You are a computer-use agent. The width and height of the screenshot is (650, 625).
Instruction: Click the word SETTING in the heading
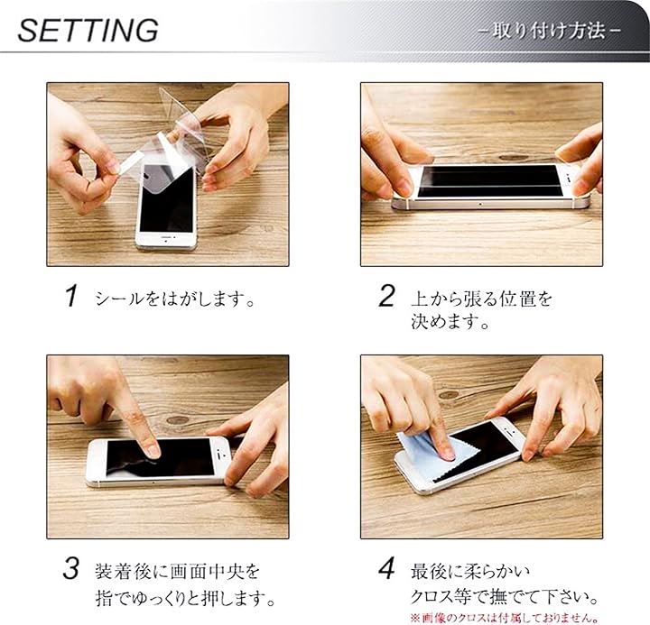coord(88,31)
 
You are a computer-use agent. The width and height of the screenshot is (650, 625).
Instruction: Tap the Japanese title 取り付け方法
coord(549,31)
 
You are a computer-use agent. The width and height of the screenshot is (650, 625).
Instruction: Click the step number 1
coord(71,296)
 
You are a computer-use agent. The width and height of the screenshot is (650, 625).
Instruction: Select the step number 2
coord(386,296)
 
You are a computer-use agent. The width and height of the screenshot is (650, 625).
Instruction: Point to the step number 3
coord(71,569)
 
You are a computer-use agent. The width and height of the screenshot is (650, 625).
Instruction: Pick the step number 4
coord(386,569)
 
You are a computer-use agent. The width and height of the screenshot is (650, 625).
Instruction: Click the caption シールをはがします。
coord(175,299)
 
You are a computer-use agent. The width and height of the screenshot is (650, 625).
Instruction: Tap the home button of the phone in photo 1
coord(167,240)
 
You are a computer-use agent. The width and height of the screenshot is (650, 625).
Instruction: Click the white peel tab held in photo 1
coord(130,162)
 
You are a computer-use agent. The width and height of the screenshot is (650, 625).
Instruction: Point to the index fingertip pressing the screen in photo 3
coord(153,451)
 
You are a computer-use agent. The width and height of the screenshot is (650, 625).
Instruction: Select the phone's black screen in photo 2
coord(488,181)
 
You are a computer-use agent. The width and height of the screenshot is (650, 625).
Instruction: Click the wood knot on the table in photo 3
coord(178,420)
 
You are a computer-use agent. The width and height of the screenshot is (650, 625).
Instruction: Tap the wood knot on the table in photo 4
coord(449,395)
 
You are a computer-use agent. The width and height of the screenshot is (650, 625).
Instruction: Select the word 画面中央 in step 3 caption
coord(207,572)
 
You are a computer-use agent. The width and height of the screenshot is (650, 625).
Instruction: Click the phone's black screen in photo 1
coord(167,199)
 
